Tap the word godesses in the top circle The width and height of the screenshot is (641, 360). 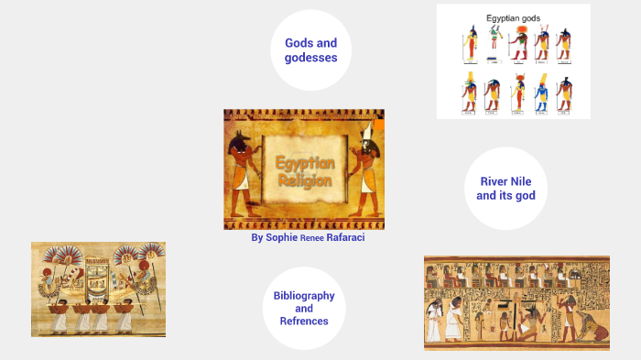coord(311,58)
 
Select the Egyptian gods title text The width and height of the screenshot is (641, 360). coord(513,17)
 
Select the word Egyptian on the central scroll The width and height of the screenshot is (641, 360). coord(306,163)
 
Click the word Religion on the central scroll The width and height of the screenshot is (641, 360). coord(306,179)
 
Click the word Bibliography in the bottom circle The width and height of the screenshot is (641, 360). coord(304,296)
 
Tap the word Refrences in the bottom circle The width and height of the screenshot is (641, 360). coord(304,322)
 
